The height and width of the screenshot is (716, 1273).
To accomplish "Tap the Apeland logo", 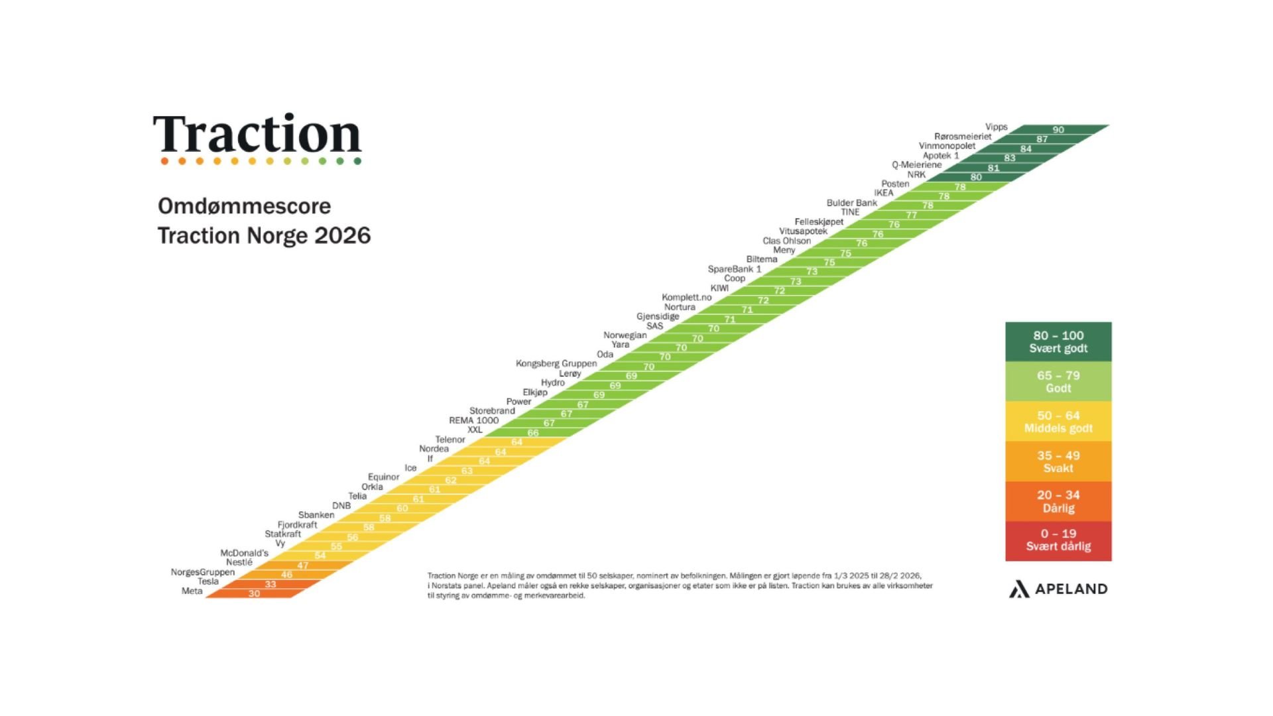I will [1058, 589].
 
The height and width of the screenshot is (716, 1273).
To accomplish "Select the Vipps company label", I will [996, 127].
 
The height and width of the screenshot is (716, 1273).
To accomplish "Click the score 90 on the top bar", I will [1058, 130].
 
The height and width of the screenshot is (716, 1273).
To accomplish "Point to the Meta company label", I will [192, 591].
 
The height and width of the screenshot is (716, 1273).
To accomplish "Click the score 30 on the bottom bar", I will [254, 593].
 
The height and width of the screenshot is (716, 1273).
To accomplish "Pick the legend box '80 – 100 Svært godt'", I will [1058, 341].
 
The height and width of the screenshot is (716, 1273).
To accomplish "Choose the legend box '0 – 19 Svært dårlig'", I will [1058, 540].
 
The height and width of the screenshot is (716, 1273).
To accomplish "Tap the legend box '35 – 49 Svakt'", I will [1058, 461].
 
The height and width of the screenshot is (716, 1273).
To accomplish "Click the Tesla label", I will [208, 581].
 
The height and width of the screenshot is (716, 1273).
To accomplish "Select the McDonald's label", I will [244, 553].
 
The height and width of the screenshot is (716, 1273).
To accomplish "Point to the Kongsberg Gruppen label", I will [556, 363].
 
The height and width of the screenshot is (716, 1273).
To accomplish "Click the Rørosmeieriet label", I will [963, 137].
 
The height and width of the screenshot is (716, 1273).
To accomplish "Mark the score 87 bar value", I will [1042, 139].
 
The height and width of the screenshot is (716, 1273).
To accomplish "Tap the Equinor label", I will [384, 477].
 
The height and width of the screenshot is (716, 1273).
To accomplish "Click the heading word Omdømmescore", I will [244, 206].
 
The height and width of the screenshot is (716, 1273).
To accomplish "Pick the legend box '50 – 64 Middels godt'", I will [1058, 422].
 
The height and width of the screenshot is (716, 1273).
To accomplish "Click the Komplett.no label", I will [686, 297].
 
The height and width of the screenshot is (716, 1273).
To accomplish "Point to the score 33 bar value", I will [271, 584].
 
